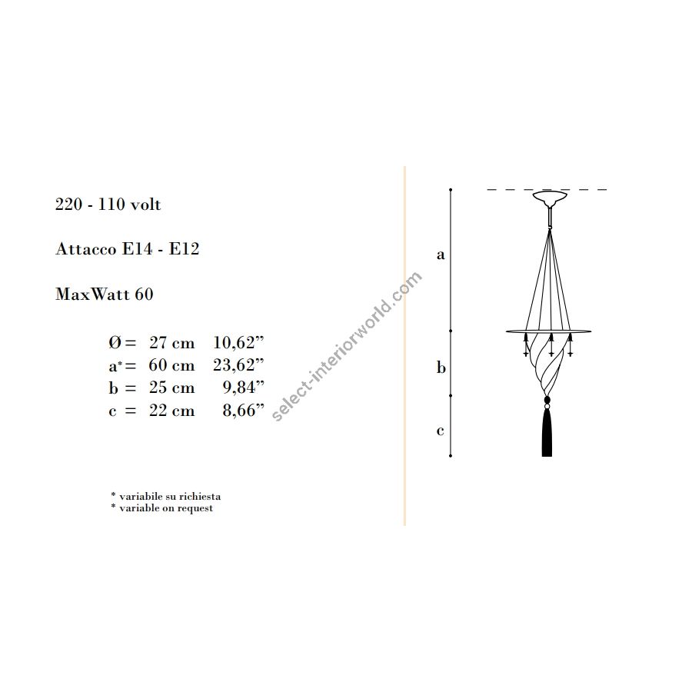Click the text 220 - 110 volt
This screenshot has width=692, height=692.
pyautogui.click(x=108, y=205)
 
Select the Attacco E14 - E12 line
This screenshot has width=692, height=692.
pyautogui.click(x=128, y=249)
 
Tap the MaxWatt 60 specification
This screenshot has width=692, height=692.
pyautogui.click(x=104, y=294)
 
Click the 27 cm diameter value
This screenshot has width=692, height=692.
pyautogui.click(x=171, y=342)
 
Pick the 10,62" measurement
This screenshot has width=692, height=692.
pyautogui.click(x=239, y=342)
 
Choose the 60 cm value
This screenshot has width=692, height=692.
pyautogui.click(x=171, y=365)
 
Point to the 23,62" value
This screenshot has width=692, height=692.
pyautogui.click(x=239, y=365)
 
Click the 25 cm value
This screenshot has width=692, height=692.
pyautogui.click(x=171, y=388)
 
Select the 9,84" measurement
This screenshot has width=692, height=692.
pyautogui.click(x=244, y=388)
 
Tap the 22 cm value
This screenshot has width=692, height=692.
pyautogui.click(x=171, y=411)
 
